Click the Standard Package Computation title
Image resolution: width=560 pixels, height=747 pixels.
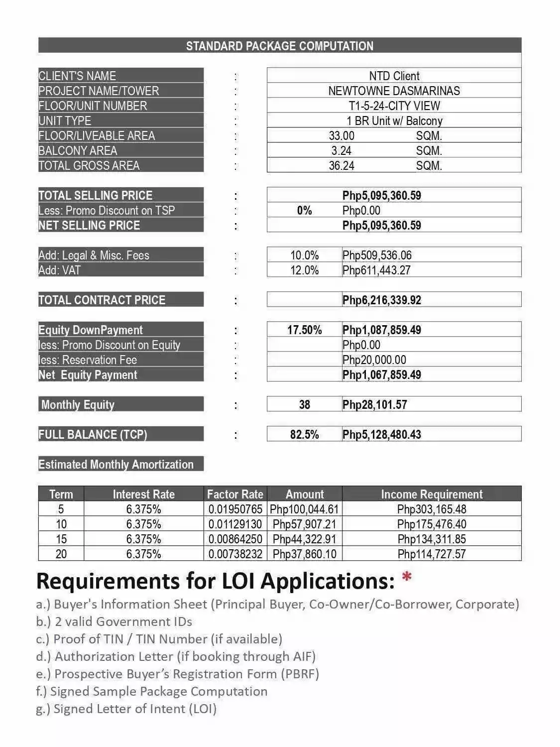pos(279,46)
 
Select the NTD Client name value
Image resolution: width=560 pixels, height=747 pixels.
pos(394,76)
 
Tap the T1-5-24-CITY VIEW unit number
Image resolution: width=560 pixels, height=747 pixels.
pos(394,106)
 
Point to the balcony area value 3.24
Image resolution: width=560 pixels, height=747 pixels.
pos(341,150)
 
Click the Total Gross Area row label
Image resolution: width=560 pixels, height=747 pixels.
pos(89,165)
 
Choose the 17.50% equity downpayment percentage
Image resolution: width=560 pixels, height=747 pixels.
pos(304,330)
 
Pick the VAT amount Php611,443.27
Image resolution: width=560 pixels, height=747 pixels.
pos(376,270)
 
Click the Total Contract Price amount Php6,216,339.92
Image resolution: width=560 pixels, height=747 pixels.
pos(381,300)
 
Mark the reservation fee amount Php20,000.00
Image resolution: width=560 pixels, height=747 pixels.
pos(374,360)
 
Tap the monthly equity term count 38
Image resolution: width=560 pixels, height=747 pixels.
pos(304,404)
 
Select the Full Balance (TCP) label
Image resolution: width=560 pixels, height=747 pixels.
pos(93,434)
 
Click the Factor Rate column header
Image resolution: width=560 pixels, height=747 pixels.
pos(235,494)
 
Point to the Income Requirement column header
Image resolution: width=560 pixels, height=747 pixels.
pos(432,494)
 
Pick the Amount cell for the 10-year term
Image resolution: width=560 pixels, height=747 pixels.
pos(304,524)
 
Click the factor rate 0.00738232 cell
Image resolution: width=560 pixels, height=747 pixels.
pos(235,554)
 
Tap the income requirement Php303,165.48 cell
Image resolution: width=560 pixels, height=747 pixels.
pos(432,509)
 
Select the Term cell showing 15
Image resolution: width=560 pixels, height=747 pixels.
pos(61,539)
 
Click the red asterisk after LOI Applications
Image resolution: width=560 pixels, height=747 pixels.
pos(407,577)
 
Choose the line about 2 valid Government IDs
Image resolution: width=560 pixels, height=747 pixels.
pos(114,622)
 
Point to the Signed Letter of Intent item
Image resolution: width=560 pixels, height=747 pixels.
pos(126,709)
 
